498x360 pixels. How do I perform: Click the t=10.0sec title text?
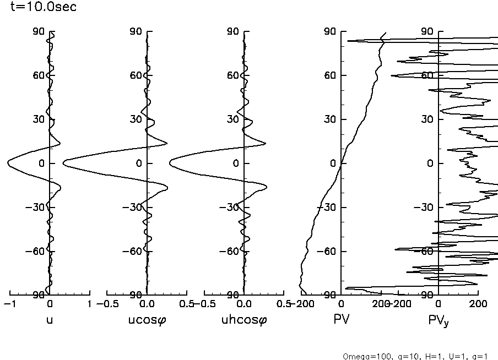[x=40, y=7]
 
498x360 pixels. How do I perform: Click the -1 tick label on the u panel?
[x=8, y=304]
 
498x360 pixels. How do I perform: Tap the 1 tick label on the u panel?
[x=89, y=304]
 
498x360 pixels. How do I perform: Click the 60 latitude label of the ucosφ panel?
[x=136, y=75]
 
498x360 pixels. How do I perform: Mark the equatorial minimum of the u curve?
[x=8, y=163]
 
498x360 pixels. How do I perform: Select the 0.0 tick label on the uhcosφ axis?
[x=243, y=304]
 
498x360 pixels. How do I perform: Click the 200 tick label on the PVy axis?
[x=478, y=304]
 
